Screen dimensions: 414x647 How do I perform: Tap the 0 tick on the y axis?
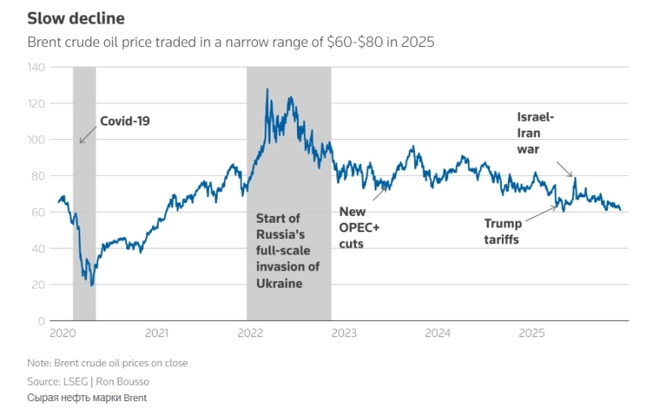(x=40, y=321)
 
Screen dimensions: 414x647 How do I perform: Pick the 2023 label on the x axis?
(x=343, y=332)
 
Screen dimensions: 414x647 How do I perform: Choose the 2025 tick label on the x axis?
(x=531, y=332)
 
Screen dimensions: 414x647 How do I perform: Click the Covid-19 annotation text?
(x=125, y=121)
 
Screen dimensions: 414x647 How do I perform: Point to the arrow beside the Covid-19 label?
(x=87, y=133)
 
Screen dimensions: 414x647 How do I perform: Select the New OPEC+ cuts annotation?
(x=358, y=227)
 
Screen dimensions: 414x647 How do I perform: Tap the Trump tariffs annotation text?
(x=502, y=231)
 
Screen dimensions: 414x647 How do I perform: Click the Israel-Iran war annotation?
(x=536, y=132)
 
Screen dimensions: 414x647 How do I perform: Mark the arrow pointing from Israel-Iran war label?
(x=566, y=169)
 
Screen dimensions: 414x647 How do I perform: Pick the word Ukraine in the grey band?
(x=279, y=283)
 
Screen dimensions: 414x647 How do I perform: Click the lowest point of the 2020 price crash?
(x=91, y=285)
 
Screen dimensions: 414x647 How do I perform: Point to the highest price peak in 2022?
(x=267, y=89)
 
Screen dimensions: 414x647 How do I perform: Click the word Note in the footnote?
(x=39, y=363)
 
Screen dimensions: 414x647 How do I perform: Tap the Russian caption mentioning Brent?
(x=88, y=398)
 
